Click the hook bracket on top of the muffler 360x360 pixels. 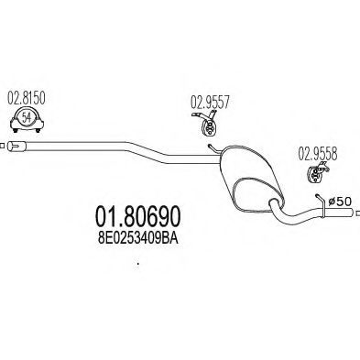pos(213,143)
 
